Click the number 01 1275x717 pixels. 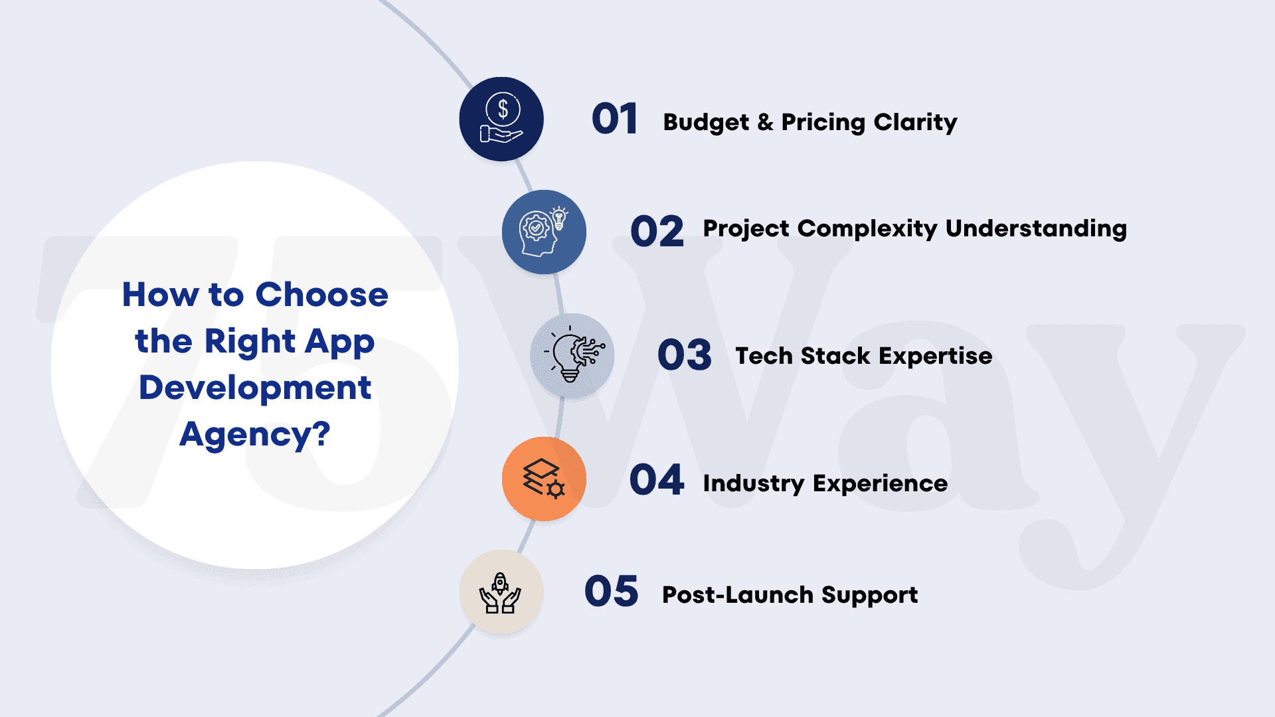(614, 119)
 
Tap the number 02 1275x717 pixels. (657, 231)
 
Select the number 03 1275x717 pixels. (685, 355)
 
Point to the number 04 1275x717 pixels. (657, 480)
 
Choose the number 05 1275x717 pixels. (612, 592)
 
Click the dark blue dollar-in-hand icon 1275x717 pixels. (501, 119)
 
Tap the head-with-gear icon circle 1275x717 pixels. (544, 232)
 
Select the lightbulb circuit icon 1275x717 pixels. (572, 356)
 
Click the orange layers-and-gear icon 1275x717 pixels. (544, 479)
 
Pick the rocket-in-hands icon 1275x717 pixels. (501, 592)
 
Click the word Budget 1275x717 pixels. (706, 123)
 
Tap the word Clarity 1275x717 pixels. (916, 123)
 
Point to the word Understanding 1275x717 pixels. (1037, 229)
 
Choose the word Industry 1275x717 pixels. (754, 484)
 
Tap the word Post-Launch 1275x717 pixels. (738, 595)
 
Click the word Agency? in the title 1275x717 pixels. (255, 436)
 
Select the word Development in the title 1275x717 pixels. (255, 388)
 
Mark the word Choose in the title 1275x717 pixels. (322, 295)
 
